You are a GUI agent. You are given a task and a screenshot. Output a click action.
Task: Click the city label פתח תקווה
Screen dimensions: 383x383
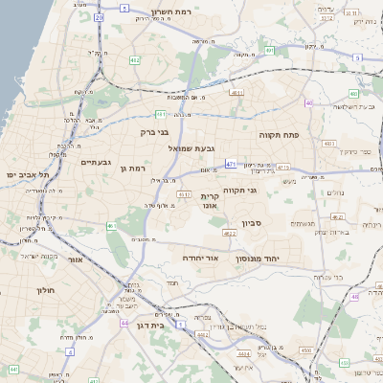click(x=279, y=136)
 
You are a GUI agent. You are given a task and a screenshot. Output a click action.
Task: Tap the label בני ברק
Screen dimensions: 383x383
click(x=154, y=133)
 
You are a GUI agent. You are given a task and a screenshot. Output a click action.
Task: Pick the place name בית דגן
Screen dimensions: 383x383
click(x=172, y=326)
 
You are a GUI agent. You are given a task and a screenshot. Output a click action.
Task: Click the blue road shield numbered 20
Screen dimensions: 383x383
click(x=100, y=17)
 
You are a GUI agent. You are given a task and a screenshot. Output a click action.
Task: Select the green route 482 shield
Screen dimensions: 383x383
click(x=135, y=60)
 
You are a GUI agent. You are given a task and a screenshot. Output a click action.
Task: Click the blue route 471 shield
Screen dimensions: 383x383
click(x=231, y=165)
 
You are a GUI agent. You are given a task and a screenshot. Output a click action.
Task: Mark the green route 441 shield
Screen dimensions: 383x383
click(x=13, y=368)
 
